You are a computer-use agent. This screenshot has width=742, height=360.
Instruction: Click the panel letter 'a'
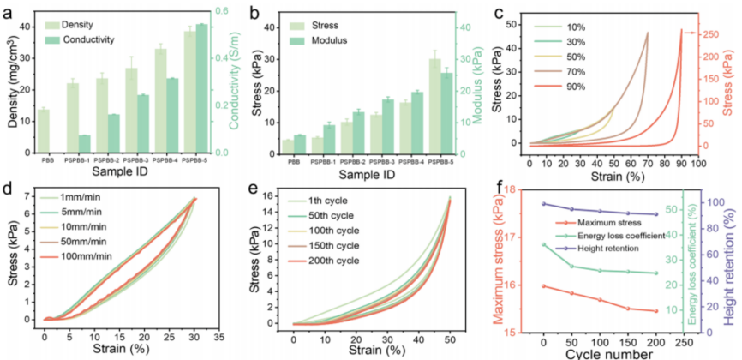pyautogui.click(x=10, y=11)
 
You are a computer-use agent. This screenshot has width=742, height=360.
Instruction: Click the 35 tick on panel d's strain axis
pyautogui.click(x=218, y=338)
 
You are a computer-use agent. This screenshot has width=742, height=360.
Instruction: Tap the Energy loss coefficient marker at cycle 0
pyautogui.click(x=543, y=245)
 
